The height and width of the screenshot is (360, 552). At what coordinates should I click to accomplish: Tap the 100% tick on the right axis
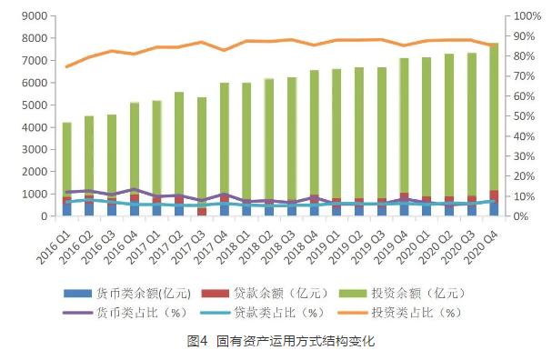point(527,16)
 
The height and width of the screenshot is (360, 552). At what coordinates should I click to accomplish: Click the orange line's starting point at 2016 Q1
point(66,66)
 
